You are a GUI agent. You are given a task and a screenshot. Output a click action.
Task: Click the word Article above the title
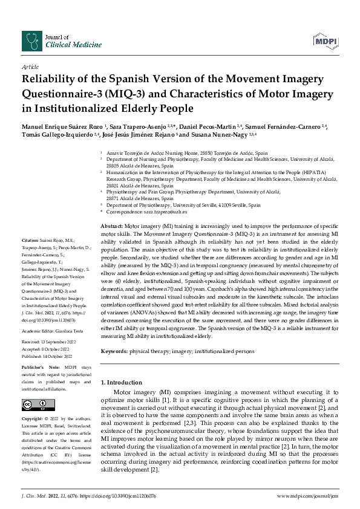29,68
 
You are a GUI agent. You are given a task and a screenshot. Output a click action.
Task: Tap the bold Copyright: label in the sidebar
36,418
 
